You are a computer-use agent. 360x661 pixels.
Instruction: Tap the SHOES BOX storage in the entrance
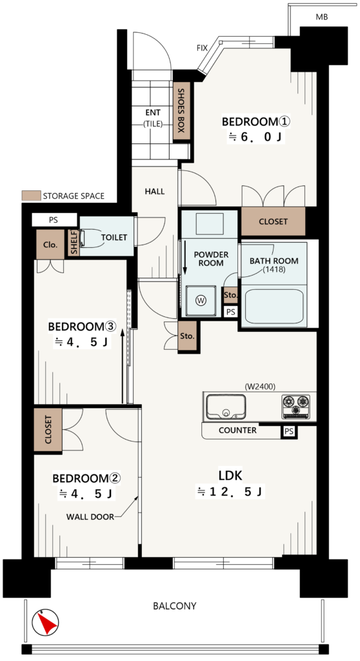(x=181, y=111)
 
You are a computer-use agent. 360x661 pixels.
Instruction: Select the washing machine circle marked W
(x=201, y=301)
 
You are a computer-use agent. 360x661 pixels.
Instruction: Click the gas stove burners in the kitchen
(x=295, y=407)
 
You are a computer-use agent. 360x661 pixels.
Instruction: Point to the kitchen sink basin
(x=226, y=407)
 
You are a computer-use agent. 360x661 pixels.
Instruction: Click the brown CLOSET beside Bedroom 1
(x=273, y=221)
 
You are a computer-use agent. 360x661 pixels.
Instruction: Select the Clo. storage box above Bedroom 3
(x=50, y=245)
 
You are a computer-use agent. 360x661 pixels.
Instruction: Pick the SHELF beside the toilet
(x=74, y=243)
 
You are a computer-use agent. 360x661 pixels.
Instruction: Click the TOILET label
(x=114, y=238)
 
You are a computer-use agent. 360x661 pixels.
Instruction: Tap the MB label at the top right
(x=322, y=17)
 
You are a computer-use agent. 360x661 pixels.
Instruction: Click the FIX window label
(x=203, y=48)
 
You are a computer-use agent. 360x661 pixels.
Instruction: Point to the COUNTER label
(x=237, y=431)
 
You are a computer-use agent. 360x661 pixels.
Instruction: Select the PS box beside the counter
(x=289, y=432)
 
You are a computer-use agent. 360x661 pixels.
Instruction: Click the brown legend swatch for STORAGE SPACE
(x=31, y=196)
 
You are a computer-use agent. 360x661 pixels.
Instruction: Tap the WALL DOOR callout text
(x=90, y=516)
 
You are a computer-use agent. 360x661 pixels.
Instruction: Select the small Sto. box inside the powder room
(x=230, y=295)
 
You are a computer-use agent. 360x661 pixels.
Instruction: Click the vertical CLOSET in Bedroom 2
(x=48, y=429)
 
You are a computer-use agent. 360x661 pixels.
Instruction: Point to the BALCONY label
(x=175, y=606)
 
